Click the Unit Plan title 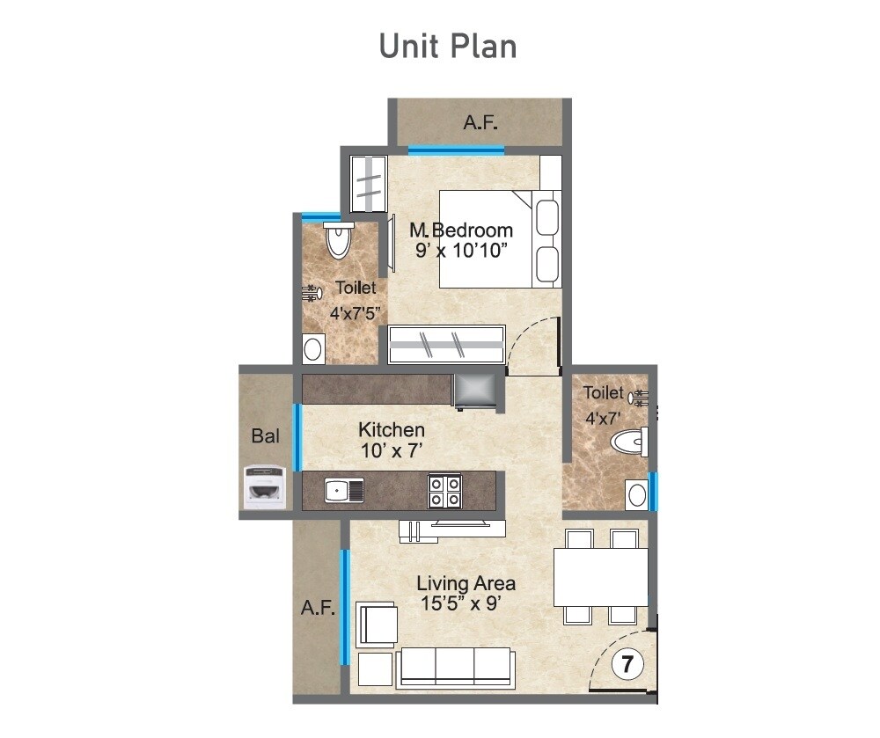point(447,46)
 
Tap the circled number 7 point(627,664)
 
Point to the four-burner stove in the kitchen point(444,490)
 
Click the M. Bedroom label point(461,230)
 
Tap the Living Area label point(466,583)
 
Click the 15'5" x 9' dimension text point(466,604)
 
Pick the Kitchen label point(392,430)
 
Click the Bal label point(265,435)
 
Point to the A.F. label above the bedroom point(479,122)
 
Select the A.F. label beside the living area point(318,607)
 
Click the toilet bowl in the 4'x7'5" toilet point(338,239)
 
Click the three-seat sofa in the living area point(456,666)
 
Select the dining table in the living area point(601,577)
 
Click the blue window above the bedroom point(456,150)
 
